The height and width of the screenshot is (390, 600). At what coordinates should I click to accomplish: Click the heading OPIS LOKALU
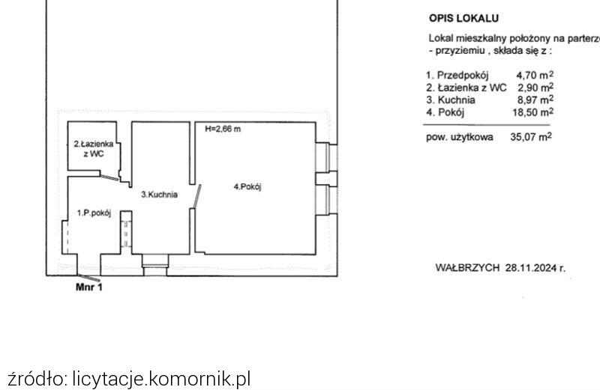463,18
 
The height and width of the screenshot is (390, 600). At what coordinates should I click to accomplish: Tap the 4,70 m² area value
535,75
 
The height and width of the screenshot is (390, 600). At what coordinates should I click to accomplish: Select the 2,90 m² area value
535,88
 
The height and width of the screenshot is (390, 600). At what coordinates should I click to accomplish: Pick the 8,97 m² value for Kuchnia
535,100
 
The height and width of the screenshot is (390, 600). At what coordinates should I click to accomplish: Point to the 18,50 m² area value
533,112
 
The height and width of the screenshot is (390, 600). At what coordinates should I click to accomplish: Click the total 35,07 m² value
531,137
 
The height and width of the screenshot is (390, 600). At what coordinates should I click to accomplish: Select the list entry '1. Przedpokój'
457,76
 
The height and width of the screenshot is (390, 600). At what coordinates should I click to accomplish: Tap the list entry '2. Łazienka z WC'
466,88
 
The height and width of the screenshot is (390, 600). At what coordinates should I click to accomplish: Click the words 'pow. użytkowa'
460,137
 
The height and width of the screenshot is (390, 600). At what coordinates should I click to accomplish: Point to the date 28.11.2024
531,267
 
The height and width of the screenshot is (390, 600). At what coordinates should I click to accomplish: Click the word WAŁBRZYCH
467,267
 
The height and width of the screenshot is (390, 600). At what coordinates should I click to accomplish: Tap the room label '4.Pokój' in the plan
247,187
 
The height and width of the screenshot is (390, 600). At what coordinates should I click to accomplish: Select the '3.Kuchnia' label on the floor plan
159,195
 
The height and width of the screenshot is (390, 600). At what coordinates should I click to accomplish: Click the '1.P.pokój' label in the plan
94,213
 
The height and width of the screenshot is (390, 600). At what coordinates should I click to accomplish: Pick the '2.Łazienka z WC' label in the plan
94,149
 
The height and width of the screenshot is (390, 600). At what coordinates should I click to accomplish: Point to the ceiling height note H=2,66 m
223,129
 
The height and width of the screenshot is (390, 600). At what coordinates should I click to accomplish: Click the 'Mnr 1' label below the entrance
88,287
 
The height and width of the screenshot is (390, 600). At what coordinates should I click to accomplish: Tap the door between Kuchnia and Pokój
196,196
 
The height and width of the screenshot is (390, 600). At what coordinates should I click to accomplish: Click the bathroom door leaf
109,177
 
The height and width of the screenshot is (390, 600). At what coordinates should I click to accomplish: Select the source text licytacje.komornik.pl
161,378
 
